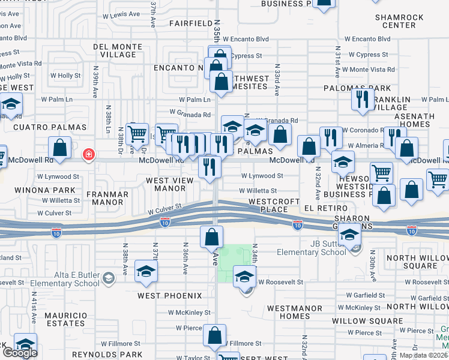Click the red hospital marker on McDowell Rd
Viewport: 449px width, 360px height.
coord(89,155)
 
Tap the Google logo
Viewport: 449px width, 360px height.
coord(20,353)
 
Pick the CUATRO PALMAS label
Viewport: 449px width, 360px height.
coord(50,127)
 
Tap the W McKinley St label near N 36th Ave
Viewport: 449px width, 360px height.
coord(189,313)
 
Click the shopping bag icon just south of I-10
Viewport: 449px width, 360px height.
coord(212,238)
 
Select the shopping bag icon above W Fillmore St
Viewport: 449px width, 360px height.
coord(215,336)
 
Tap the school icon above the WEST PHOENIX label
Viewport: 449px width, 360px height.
coord(146,272)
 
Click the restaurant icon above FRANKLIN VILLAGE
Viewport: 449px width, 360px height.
coord(362,99)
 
